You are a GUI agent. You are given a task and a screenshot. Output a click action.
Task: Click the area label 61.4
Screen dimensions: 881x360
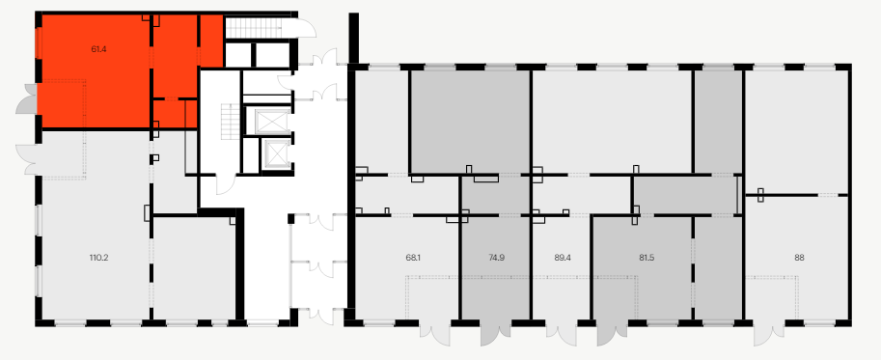pos(98,49)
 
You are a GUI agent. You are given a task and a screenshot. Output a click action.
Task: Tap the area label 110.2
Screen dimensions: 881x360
pos(98,258)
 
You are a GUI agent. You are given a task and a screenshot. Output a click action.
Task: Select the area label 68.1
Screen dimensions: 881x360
pos(412,258)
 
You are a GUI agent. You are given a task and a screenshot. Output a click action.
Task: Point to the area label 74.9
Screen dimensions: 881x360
pos(496,258)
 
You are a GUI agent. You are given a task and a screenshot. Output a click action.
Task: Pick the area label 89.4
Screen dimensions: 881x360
pos(563,258)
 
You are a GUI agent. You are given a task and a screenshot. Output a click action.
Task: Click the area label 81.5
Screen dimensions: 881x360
pos(647,258)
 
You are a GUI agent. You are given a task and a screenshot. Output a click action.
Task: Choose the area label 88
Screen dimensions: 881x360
pos(799,258)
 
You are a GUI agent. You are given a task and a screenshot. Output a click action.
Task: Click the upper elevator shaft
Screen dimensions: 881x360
pos(271,122)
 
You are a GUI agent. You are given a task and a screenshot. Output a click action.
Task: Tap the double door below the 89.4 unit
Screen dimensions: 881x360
pos(561,334)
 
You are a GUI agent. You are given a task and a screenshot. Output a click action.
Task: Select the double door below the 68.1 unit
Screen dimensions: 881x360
pos(435,334)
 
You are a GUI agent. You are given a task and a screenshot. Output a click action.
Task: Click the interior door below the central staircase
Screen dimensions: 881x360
pos(226,184)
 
